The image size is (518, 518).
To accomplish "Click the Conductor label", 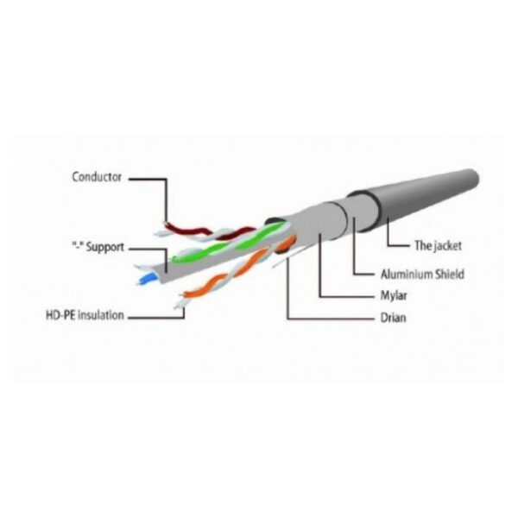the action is pos(97,177).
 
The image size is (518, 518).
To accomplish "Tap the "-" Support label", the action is pos(98,247).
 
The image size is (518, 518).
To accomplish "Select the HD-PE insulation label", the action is pos(85,315).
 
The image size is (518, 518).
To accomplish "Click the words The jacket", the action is pos(438,245).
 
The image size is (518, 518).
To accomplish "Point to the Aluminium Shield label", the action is pos(422,275).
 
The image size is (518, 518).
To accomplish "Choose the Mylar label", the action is pos(394,295).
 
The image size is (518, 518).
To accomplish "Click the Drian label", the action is pos(393,318).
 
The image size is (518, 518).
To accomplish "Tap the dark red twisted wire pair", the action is pos(208,232).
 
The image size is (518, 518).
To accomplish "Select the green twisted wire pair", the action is pos(228,243).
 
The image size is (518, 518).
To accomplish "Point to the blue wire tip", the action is pos(147,279).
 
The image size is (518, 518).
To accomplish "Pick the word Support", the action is pos(104,247).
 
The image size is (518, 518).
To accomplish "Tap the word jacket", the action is pos(447,246).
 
